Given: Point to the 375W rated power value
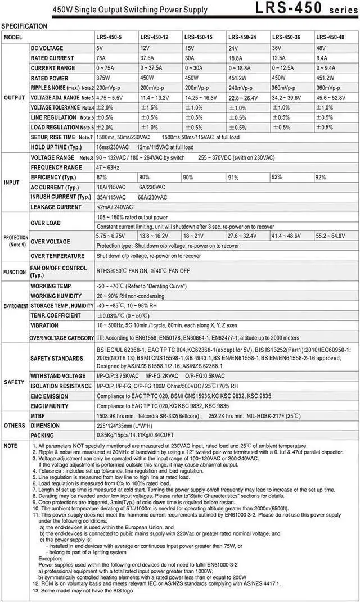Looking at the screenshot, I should (x=105, y=78).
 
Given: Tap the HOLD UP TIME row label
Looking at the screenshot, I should (x=56, y=147).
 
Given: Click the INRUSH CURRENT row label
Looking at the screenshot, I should (x=60, y=197).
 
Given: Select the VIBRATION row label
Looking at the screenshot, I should (x=44, y=325).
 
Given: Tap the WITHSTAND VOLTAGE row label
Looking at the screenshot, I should (x=58, y=375).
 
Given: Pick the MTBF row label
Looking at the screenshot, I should (x=38, y=416).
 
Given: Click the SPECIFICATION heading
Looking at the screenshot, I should (x=25, y=26).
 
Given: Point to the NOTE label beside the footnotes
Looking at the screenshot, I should (x=10, y=446).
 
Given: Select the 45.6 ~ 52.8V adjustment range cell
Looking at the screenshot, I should (x=331, y=98).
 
